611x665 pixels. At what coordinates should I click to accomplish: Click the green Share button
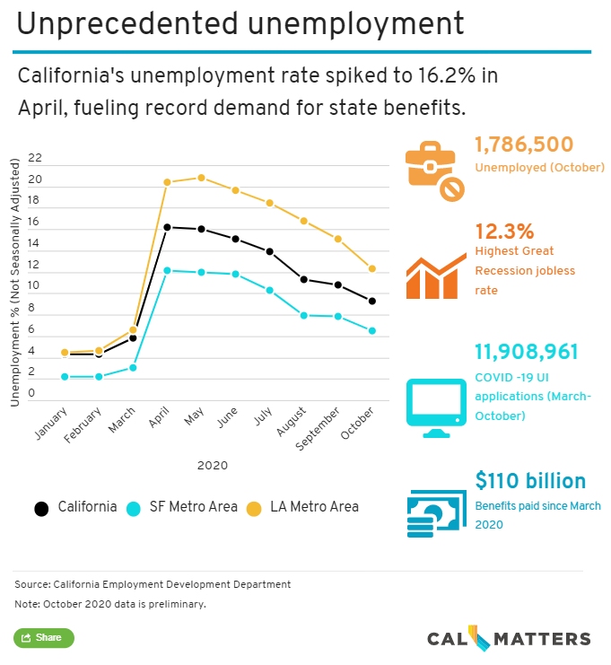pyautogui.click(x=43, y=638)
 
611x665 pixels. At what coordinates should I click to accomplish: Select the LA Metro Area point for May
pyautogui.click(x=201, y=178)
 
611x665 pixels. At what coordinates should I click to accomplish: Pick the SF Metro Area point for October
pyautogui.click(x=371, y=331)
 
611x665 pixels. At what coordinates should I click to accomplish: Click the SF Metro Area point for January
pyautogui.click(x=65, y=377)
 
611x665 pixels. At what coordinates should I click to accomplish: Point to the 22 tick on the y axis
pyautogui.click(x=35, y=158)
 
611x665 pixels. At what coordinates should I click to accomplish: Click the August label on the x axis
pyautogui.click(x=290, y=420)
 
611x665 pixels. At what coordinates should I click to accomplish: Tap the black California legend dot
pyautogui.click(x=41, y=508)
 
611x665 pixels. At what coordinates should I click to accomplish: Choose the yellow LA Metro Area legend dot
pyautogui.click(x=253, y=508)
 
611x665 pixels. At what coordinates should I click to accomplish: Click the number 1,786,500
pyautogui.click(x=523, y=144)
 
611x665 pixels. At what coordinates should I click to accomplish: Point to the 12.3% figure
pyautogui.click(x=503, y=231)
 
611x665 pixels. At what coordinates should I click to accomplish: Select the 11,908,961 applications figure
pyautogui.click(x=527, y=353)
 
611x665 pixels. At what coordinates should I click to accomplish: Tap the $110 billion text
pyautogui.click(x=529, y=481)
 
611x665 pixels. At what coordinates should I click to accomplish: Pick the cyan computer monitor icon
pyautogui.click(x=437, y=407)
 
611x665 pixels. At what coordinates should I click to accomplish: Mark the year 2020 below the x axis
pyautogui.click(x=214, y=466)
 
